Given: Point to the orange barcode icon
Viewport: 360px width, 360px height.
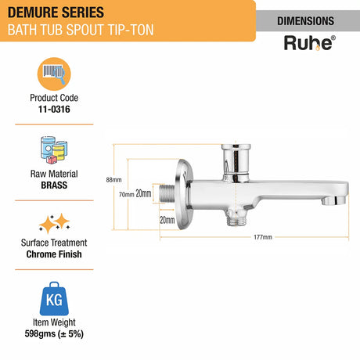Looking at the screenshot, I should click(54, 77).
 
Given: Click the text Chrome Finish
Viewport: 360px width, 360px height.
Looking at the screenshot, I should click(54, 254).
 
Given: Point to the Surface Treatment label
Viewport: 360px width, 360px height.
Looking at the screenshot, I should click(54, 243).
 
